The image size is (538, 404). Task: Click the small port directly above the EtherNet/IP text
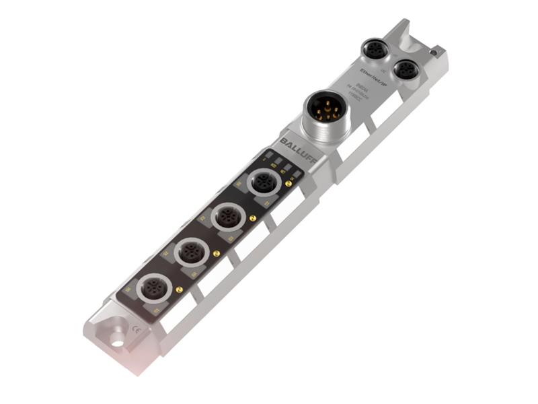(373, 49)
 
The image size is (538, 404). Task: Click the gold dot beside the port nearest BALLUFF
(288, 182)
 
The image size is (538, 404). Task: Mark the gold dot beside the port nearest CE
(179, 290)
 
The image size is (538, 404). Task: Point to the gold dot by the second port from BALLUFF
(252, 218)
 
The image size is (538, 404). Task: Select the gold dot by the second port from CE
(216, 253)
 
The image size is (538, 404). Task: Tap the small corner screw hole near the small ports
(435, 51)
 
